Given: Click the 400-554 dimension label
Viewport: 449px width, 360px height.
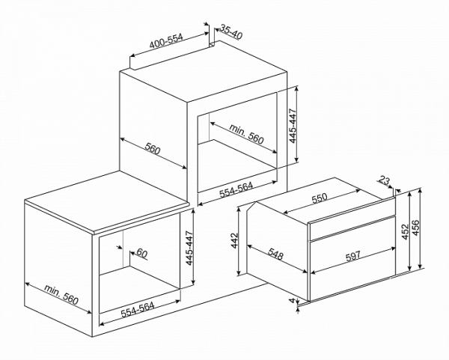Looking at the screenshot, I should coord(166,43).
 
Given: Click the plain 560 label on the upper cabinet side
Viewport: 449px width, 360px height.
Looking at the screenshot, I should coord(153,149).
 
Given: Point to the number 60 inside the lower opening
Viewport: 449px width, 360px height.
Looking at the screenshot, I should coord(142,253).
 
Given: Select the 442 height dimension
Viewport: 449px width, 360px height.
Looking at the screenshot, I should coord(234,240).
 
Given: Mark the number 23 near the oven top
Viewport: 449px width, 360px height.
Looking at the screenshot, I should coord(385,180).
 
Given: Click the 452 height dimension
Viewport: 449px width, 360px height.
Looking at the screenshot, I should coord(404,231).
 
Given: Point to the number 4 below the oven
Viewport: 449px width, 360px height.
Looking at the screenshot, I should coord(292,302).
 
